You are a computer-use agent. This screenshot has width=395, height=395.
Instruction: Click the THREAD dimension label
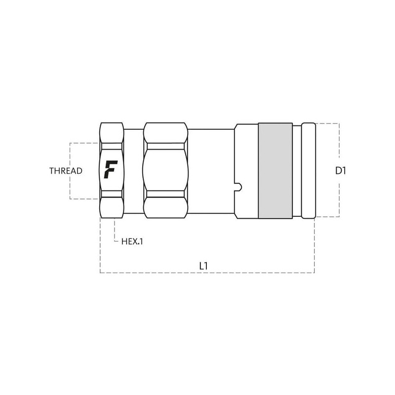pos(66,171)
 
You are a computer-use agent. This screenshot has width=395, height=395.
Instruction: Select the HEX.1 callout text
pos(132,241)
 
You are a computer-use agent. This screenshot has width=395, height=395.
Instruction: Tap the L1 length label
pos(203,266)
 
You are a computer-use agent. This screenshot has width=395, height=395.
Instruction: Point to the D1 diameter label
pos(341,171)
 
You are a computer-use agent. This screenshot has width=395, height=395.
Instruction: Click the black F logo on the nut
pos(111,169)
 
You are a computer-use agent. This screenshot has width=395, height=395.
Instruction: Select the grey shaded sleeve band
pos(276,170)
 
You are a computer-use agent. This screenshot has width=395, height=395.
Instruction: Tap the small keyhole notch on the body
pos(238,187)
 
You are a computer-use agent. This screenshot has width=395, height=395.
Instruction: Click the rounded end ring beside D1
pos(308,170)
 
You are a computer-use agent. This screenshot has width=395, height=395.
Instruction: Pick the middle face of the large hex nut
pos(165,170)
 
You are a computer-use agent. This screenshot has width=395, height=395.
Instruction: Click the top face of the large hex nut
pos(165,133)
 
